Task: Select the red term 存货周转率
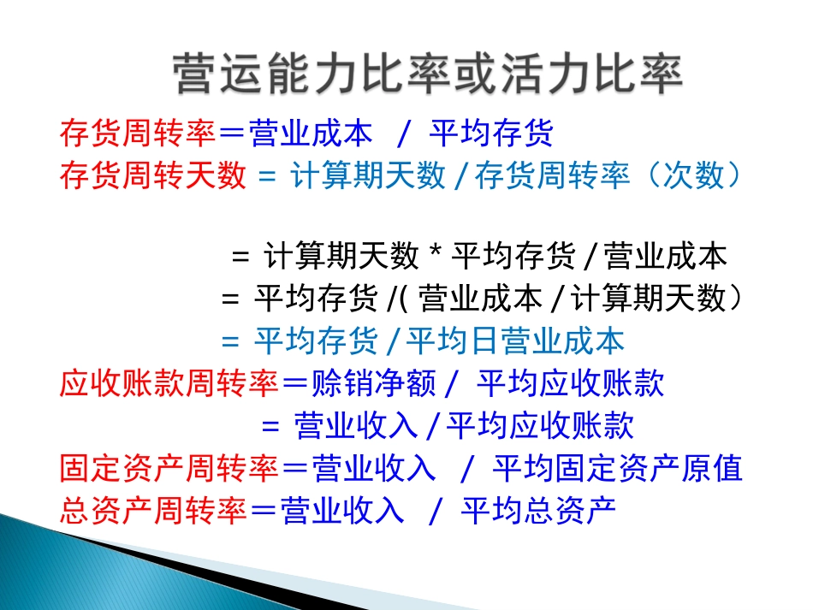137,133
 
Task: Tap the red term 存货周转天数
152,176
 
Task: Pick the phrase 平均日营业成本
515,341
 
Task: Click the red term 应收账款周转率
169,384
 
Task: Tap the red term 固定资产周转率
169,469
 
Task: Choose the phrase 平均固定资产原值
617,469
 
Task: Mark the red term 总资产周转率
152,511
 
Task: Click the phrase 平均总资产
538,511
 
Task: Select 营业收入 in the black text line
356,426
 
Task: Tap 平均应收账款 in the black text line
540,426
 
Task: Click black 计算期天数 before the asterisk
341,257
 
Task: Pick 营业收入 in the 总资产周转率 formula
341,511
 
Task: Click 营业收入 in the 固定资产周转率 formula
373,469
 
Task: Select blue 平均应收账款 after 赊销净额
570,384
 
